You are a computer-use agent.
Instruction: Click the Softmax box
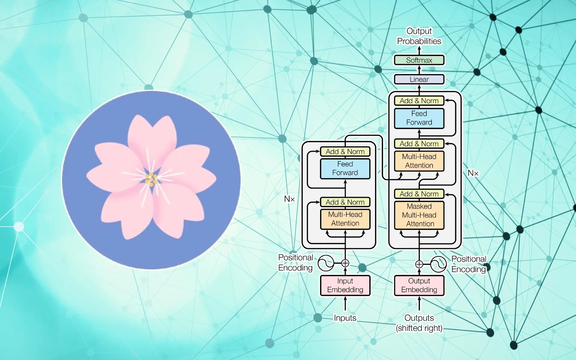point(419,60)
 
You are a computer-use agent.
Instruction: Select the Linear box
point(419,79)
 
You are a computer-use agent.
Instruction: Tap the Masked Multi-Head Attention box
point(419,215)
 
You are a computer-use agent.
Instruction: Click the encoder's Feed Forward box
point(345,168)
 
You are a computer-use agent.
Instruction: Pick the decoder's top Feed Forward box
point(419,118)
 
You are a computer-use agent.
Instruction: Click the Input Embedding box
point(345,285)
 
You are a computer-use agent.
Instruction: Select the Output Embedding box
point(419,285)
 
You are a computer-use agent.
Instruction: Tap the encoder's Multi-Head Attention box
point(345,219)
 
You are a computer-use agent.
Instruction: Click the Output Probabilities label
point(419,36)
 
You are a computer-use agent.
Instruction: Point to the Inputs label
point(345,318)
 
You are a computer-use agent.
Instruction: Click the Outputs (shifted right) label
point(419,323)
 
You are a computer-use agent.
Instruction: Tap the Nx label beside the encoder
point(289,199)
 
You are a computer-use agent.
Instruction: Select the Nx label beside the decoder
point(473,173)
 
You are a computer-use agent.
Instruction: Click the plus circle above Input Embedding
point(345,263)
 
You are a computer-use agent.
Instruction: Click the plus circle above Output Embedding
point(419,264)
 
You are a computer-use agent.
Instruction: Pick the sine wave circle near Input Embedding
point(326,263)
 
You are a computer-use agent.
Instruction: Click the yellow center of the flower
point(151,179)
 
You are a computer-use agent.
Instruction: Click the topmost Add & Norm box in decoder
point(419,101)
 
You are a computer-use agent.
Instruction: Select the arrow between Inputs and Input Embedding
point(345,304)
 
